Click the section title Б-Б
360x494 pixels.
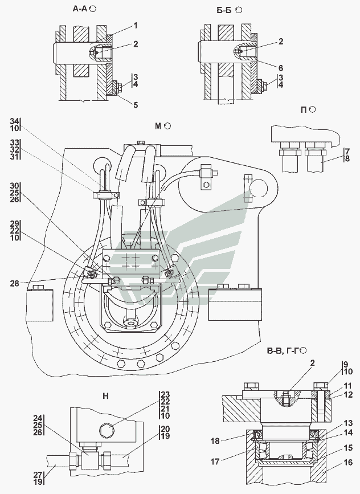pyautogui.click(x=224, y=9)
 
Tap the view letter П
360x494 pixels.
pyautogui.click(x=305, y=109)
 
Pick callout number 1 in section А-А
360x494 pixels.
pyautogui.click(x=136, y=25)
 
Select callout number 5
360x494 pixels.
pyautogui.click(x=136, y=104)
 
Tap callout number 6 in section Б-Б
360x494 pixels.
pyautogui.click(x=281, y=66)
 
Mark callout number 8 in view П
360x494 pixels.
pyautogui.click(x=347, y=160)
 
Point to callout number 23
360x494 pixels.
pyautogui.click(x=165, y=394)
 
